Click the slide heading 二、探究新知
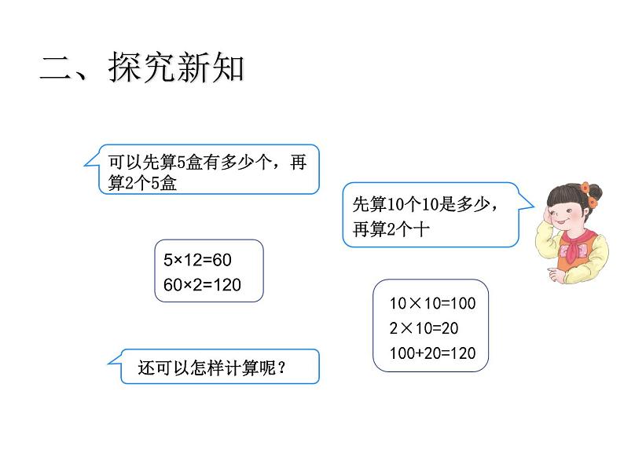tap(142, 70)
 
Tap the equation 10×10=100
tap(432, 304)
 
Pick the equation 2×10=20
tap(424, 328)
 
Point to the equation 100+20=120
tap(432, 353)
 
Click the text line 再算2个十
tap(390, 229)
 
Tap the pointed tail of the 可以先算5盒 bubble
tap(89, 163)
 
